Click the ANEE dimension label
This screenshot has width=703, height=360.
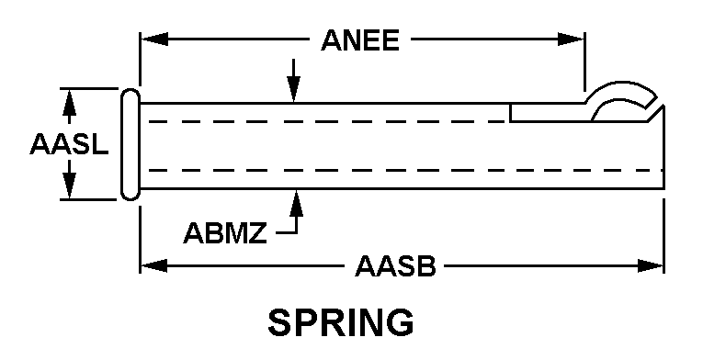(x=360, y=40)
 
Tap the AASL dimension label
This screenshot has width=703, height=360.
(x=69, y=144)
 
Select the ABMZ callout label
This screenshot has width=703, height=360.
(x=225, y=233)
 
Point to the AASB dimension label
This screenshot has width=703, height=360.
(x=395, y=266)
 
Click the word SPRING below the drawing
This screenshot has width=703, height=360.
(x=341, y=322)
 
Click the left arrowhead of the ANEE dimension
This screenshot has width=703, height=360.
(x=154, y=39)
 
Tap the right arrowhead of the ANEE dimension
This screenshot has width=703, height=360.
(x=571, y=39)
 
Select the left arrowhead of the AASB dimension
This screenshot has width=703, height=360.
(x=153, y=265)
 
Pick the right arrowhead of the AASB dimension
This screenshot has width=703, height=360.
(x=650, y=265)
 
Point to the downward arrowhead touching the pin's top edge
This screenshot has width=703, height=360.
(x=294, y=90)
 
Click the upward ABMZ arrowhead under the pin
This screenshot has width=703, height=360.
(x=296, y=203)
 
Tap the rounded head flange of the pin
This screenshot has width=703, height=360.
(x=130, y=144)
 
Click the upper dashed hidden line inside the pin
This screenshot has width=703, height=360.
(x=327, y=121)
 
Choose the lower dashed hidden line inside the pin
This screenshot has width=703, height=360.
(x=406, y=171)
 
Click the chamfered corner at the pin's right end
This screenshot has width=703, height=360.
(x=654, y=114)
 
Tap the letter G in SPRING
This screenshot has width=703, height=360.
(x=400, y=322)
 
